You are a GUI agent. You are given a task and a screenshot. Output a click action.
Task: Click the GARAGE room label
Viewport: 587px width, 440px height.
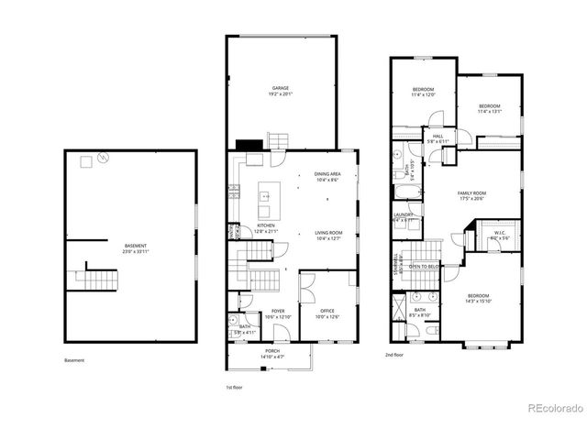point(280,88)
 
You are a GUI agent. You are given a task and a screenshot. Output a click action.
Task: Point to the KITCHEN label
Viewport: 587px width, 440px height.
point(266,225)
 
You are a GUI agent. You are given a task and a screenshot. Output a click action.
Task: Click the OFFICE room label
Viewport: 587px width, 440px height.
point(327,311)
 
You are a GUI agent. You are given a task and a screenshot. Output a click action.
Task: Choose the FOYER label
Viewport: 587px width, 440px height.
point(278,312)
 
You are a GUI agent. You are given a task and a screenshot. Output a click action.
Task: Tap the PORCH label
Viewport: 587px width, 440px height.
point(272,351)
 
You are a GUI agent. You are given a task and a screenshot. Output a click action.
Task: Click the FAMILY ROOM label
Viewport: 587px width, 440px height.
point(472,193)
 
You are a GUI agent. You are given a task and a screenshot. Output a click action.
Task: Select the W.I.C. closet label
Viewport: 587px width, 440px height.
point(500,232)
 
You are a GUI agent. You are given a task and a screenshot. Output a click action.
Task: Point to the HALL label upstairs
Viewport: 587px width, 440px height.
point(438,135)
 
